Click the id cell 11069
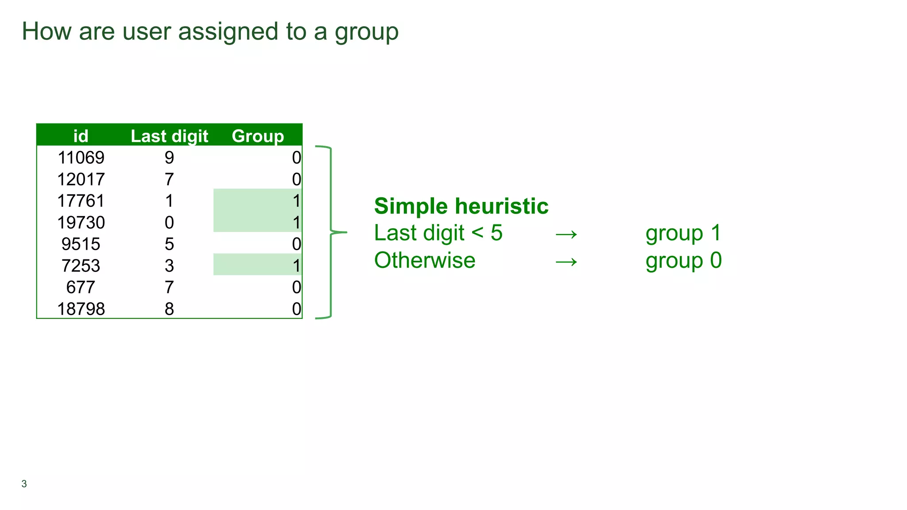pos(81,158)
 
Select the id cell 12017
pos(81,179)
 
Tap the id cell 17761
pos(81,201)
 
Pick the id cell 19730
pos(81,222)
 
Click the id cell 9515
pos(81,244)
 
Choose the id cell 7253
pos(81,266)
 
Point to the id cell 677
pos(81,287)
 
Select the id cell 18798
pos(81,309)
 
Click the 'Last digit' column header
pos(169,136)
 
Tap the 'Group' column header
pos(258,136)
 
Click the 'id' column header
pos(81,136)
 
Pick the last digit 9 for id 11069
pos(169,158)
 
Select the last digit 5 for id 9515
pos(169,244)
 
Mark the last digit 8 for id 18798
pos(169,309)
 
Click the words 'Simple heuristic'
pos(461,206)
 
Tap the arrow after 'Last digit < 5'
pos(566,234)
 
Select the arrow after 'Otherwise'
pos(566,262)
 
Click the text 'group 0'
pos(683,261)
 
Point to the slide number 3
pos(24,484)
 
